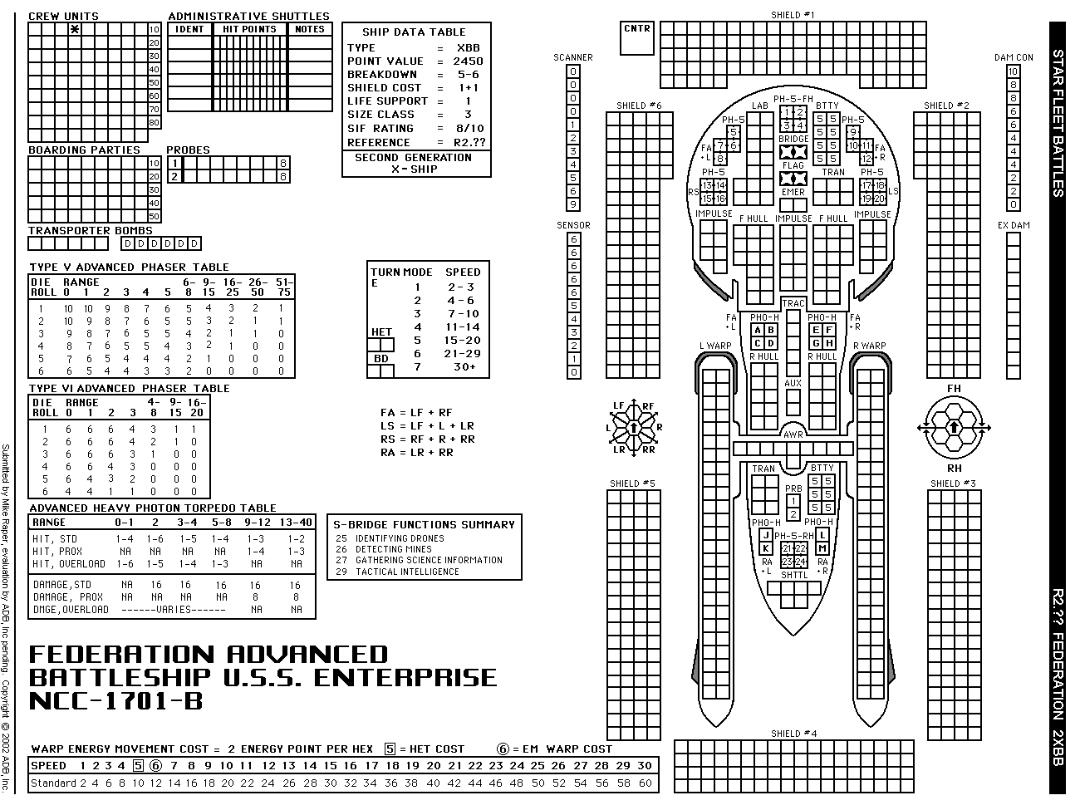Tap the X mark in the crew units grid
pos(75,29)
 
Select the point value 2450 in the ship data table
pos(468,61)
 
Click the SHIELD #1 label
pos(792,15)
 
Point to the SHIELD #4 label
pos(793,734)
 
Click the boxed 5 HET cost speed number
pos(138,766)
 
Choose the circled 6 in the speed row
pos(155,766)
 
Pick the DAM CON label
pos(1014,57)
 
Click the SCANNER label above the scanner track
pos(573,57)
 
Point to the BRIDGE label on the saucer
pos(793,139)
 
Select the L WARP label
pos(714,346)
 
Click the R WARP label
pos(869,346)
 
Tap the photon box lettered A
pos(757,330)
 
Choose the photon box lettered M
pos(822,548)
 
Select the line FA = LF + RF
pos(416,412)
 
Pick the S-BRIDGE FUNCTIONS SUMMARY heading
pos(424,524)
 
